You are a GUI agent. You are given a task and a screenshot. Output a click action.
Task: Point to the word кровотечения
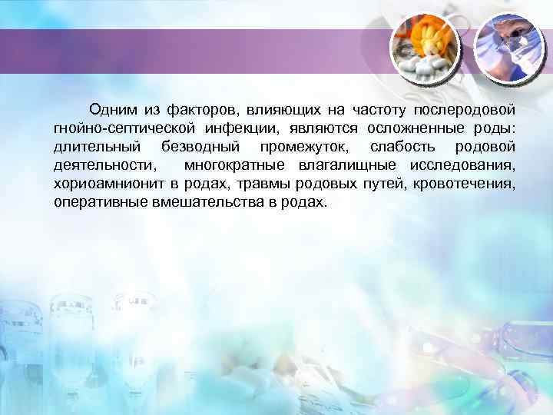[464, 184]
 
